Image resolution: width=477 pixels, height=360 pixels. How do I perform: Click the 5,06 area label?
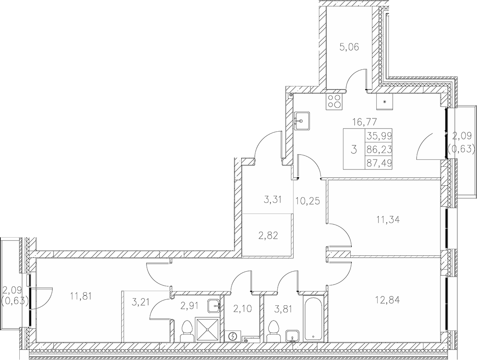coord(349,48)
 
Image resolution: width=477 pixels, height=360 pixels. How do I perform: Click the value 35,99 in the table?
coord(379,136)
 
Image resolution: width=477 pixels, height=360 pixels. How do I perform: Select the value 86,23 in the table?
coord(379,149)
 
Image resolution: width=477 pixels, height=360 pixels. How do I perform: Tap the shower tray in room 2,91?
coord(208,330)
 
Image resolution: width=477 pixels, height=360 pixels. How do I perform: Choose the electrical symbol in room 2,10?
coord(233,336)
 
